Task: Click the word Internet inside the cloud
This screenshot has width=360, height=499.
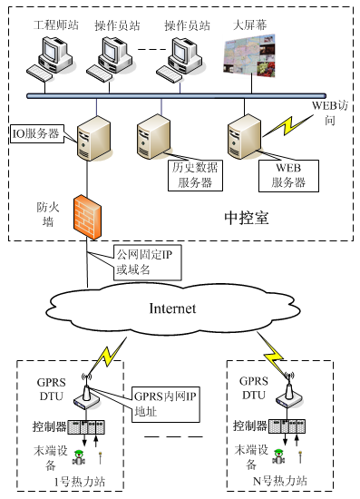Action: click(x=172, y=308)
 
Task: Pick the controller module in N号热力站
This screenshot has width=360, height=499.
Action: click(x=290, y=425)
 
